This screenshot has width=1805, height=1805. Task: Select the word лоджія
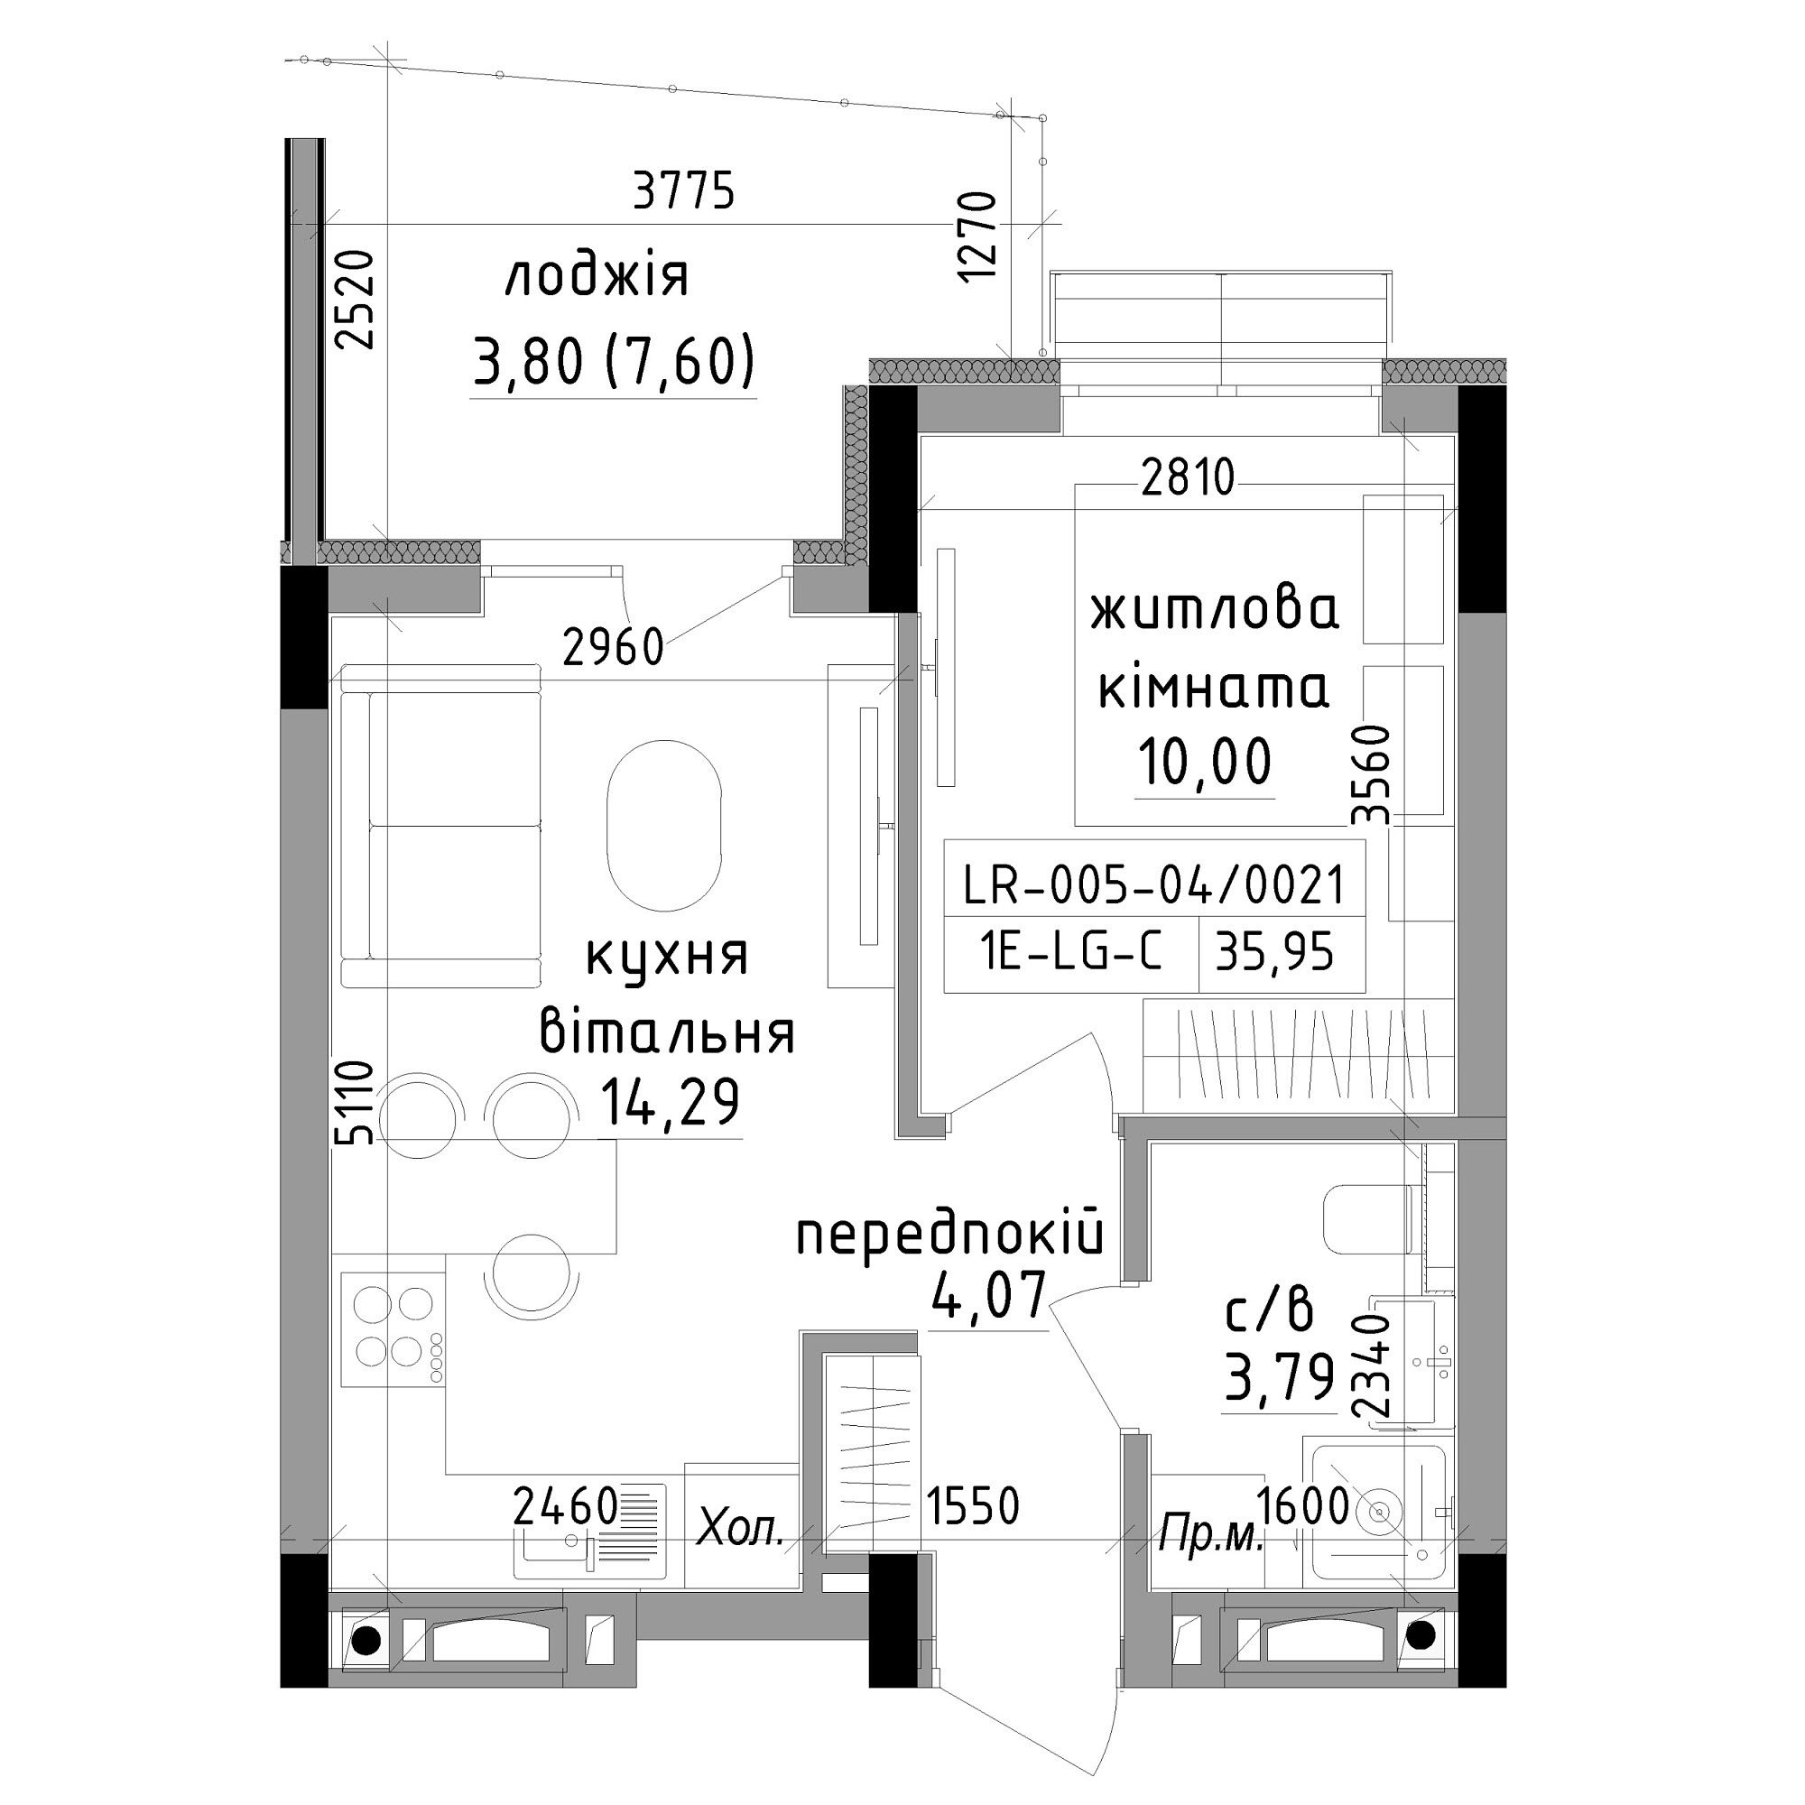pyautogui.click(x=597, y=277)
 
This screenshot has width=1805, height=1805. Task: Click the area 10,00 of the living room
pyautogui.click(x=1205, y=761)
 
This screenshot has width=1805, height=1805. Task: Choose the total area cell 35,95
pyautogui.click(x=1273, y=954)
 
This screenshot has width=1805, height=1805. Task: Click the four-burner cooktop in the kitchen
pyautogui.click(x=393, y=1328)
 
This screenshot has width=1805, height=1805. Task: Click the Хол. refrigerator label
pyautogui.click(x=741, y=1531)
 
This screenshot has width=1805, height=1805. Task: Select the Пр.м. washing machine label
pyautogui.click(x=1210, y=1535)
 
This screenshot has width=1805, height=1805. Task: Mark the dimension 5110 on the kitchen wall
pyautogui.click(x=356, y=1104)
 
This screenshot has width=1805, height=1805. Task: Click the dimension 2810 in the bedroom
pyautogui.click(x=1188, y=478)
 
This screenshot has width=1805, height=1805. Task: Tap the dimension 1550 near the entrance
pyautogui.click(x=972, y=1505)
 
